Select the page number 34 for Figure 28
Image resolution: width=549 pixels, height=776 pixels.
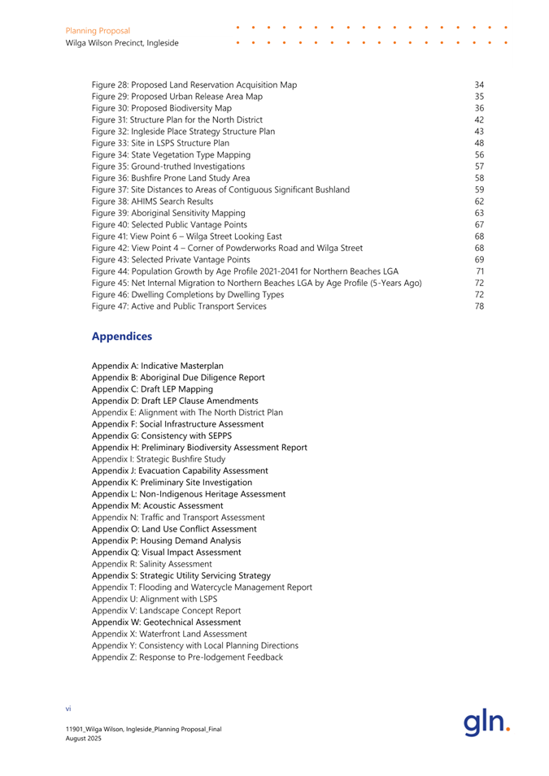479,85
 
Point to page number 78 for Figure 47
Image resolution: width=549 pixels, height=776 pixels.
479,283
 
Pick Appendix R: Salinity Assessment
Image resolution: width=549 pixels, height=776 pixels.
151,564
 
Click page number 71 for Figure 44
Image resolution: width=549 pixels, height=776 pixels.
479,248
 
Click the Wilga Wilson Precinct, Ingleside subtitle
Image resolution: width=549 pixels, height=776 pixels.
122,43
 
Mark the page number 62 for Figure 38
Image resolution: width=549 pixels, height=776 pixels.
479,202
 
